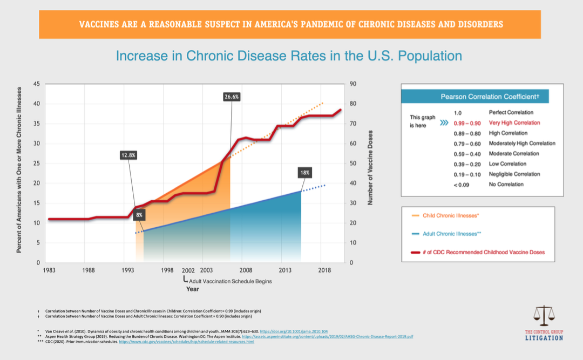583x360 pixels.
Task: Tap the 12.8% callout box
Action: (128, 155)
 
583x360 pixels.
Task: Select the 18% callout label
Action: (304, 173)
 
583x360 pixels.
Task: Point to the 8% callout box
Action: (139, 215)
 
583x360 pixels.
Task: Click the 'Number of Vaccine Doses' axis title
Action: (370, 167)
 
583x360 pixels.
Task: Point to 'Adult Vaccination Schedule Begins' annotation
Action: (229, 281)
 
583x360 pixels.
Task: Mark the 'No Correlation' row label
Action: (506, 184)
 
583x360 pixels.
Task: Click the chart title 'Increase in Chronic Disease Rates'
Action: (289, 56)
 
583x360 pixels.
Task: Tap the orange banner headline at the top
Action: (290, 24)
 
